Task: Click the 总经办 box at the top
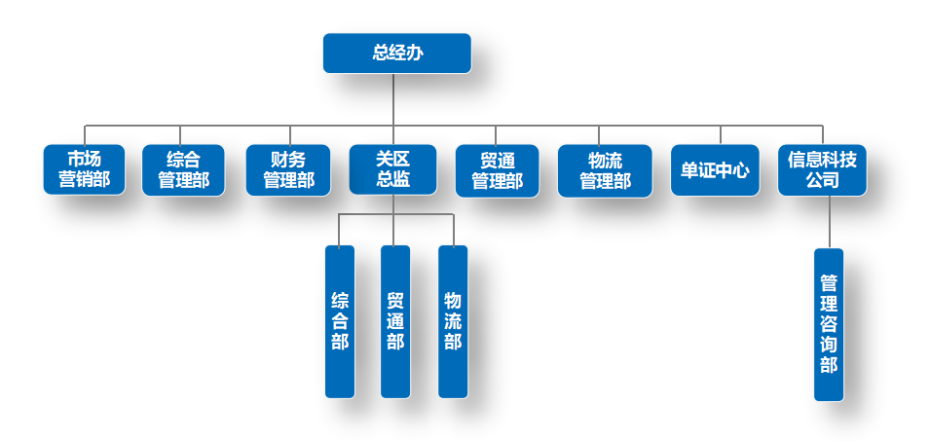coord(396,53)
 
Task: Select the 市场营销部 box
coord(84,169)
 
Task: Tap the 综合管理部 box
coord(183,169)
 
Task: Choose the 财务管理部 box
coord(288,169)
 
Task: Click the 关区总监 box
coord(392,169)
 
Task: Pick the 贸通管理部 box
coord(497,169)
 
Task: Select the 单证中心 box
coord(715,169)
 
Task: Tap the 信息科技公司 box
coord(822,169)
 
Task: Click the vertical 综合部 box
coord(340,321)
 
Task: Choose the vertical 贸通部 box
coord(395,321)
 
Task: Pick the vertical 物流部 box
coord(453,321)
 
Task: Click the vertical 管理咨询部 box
coord(829,324)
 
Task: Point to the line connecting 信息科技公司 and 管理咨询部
coord(829,222)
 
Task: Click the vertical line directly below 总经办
coord(393,97)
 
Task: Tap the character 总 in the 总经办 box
coord(381,53)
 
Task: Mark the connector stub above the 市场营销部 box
coord(84,134)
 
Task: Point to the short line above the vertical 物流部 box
coord(454,230)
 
